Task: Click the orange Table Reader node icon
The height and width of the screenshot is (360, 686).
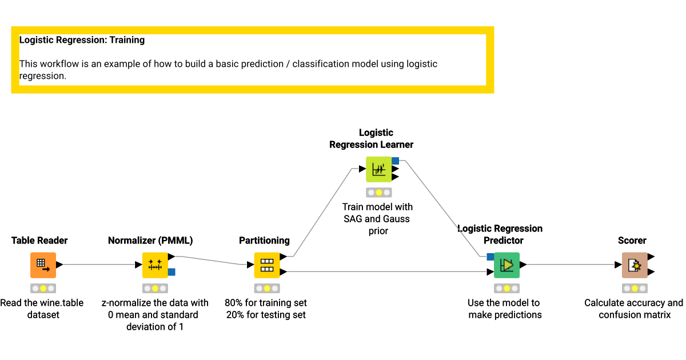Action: click(x=43, y=265)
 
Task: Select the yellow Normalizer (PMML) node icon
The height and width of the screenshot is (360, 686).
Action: click(x=155, y=265)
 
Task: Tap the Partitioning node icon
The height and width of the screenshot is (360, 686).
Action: click(x=267, y=265)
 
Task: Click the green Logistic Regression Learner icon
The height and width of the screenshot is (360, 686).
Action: click(x=378, y=169)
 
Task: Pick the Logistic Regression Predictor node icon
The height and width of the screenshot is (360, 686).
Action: click(x=506, y=265)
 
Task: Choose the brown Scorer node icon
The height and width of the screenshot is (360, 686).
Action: click(x=635, y=265)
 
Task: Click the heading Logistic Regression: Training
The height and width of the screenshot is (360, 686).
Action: click(x=82, y=40)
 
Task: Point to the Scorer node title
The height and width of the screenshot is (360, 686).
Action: click(x=632, y=241)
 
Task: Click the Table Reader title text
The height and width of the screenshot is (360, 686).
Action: click(x=39, y=241)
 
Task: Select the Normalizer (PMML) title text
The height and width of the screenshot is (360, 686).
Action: click(x=150, y=241)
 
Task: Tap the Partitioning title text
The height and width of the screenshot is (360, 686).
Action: click(x=264, y=241)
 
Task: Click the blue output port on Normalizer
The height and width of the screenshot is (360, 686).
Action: click(x=171, y=272)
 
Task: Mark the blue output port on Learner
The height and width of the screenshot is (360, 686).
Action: click(x=395, y=161)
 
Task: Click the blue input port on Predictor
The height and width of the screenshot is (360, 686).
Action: click(x=490, y=257)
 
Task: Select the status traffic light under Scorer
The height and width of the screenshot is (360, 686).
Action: click(x=635, y=289)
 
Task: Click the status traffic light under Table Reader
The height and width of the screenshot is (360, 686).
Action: click(x=43, y=289)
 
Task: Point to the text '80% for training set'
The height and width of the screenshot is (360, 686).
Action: click(x=266, y=303)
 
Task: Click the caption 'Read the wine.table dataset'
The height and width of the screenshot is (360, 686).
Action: click(x=42, y=309)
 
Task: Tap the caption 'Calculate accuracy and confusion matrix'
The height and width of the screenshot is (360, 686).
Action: click(x=633, y=309)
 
